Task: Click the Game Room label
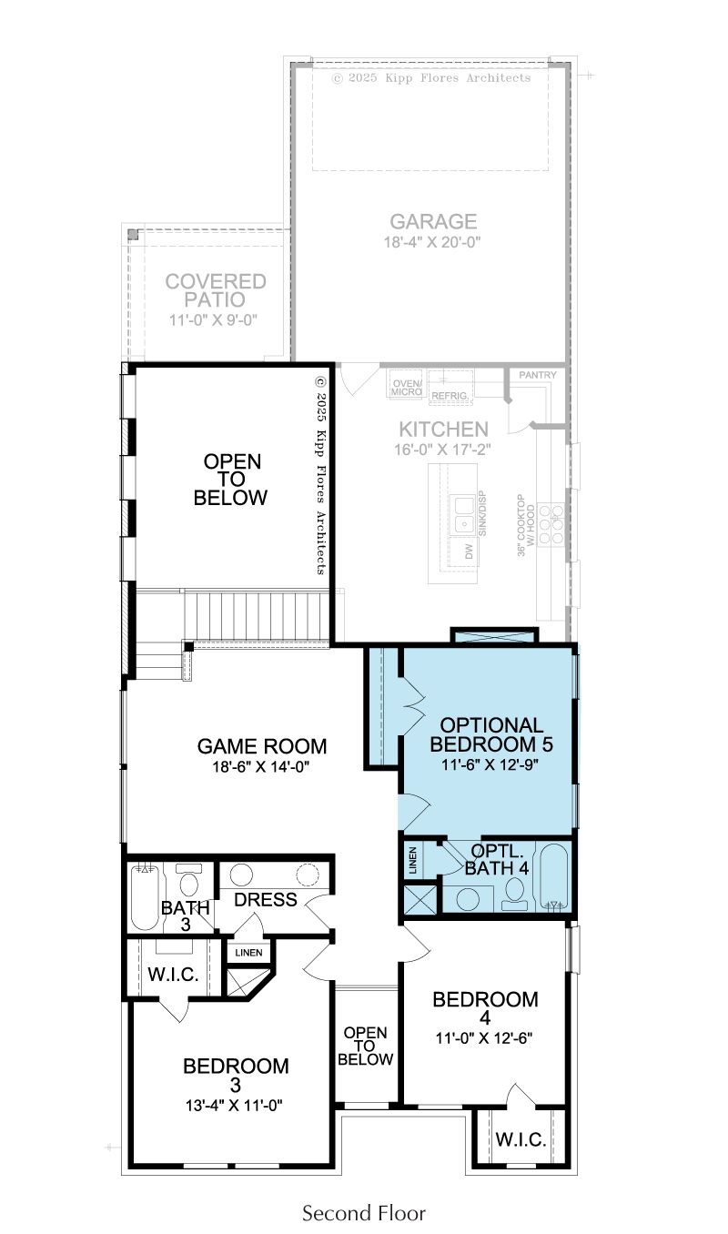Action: click(261, 746)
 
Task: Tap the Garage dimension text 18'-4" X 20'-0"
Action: click(432, 242)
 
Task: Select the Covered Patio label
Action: click(216, 290)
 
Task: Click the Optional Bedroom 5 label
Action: click(491, 734)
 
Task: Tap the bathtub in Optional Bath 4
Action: click(554, 876)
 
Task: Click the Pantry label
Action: click(538, 375)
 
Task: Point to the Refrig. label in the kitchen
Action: click(450, 396)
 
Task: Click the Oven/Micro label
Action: click(407, 388)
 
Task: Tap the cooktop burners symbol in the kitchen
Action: click(551, 524)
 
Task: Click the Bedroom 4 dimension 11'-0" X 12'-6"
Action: click(484, 1038)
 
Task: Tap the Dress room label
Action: click(266, 900)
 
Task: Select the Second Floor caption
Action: click(364, 1212)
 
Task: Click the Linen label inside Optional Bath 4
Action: click(413, 861)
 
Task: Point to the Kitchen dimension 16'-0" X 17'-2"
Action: click(442, 450)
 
